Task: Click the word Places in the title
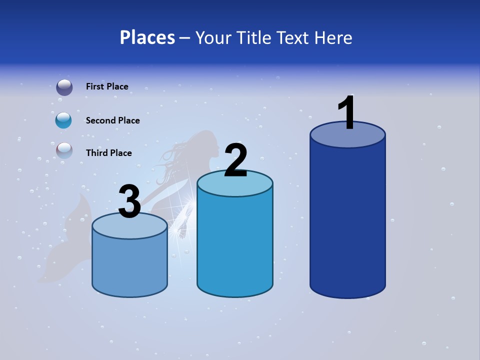point(147,37)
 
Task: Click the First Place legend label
point(107,86)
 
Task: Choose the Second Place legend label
point(112,120)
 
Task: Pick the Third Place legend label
point(108,153)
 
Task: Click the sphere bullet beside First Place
point(64,87)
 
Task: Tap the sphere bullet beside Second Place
point(64,120)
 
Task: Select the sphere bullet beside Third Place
point(64,150)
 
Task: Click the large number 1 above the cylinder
point(346,113)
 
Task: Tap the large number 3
point(129,202)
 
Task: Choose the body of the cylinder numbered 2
point(235,245)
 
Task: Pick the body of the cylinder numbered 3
point(129,265)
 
